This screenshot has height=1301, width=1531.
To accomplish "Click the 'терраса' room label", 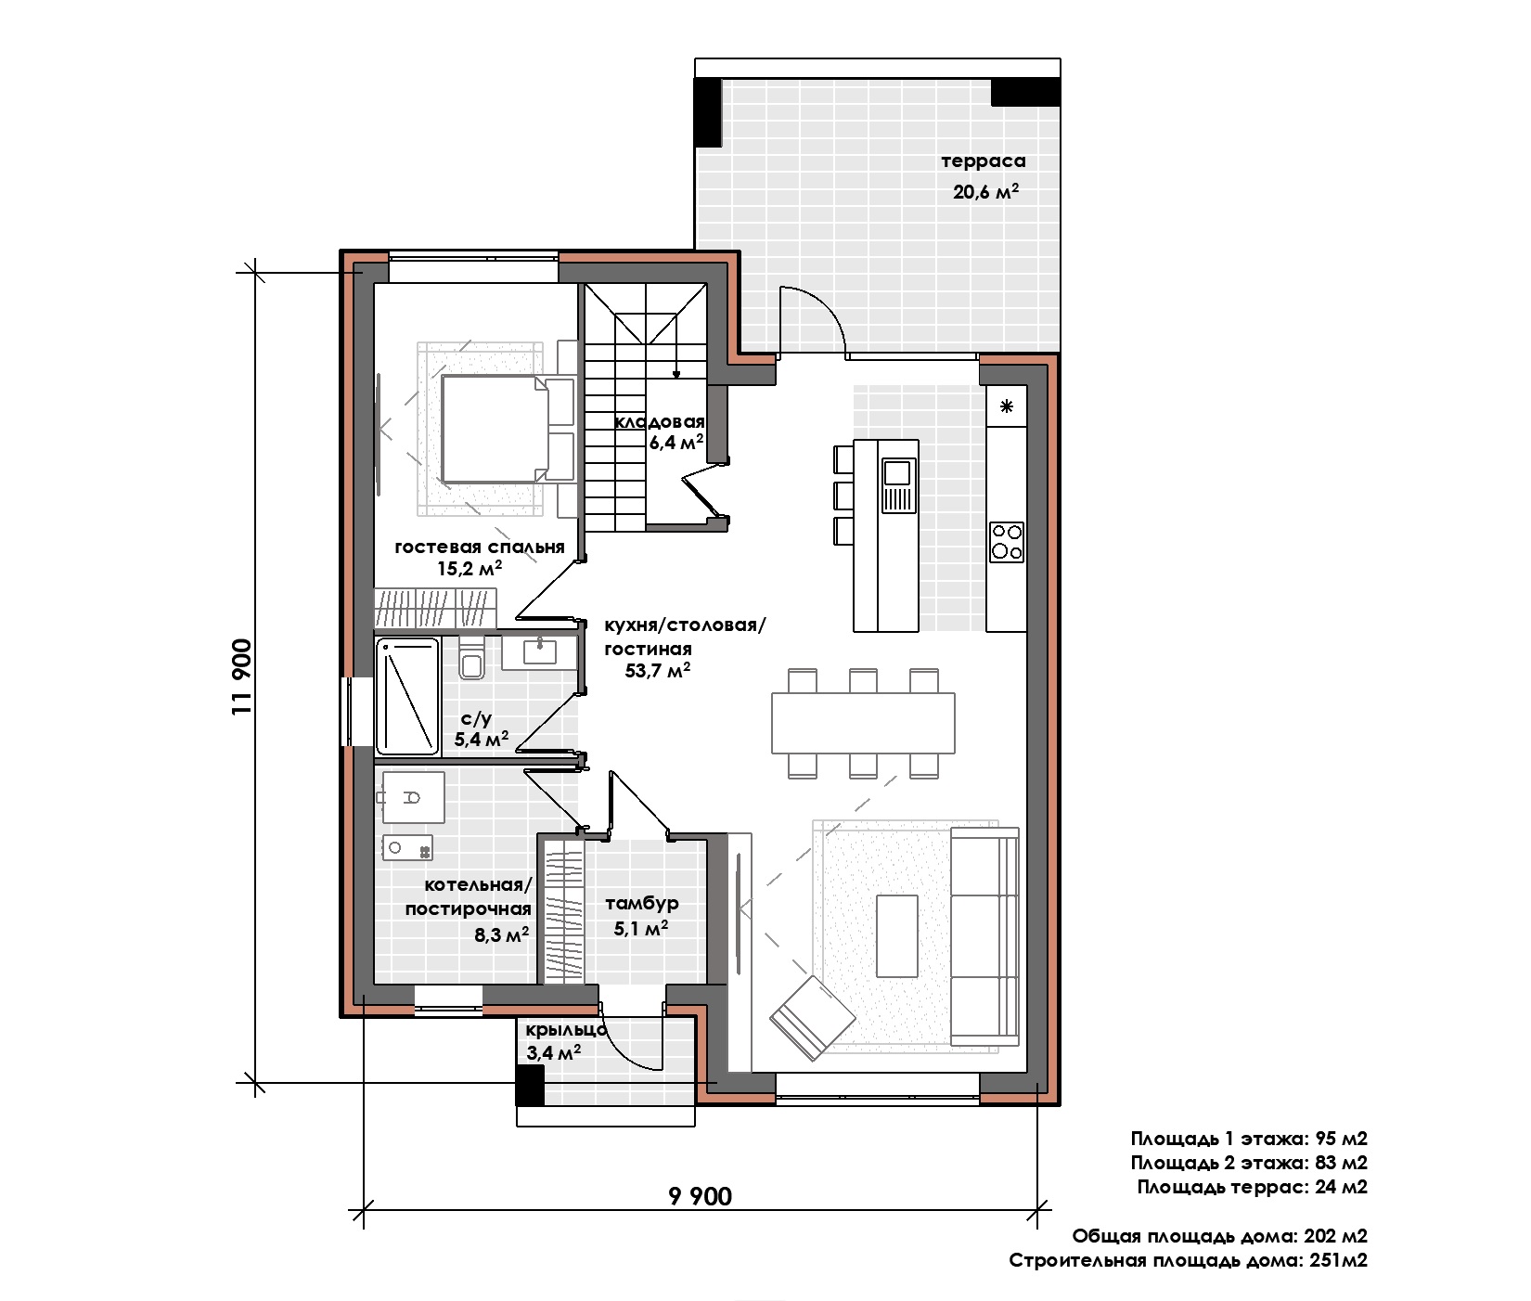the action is [984, 161].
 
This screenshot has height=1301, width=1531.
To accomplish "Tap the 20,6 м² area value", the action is [985, 192].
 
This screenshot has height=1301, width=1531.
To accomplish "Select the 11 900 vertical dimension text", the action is [243, 676].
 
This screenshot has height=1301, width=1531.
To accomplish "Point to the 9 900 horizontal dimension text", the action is [701, 1196].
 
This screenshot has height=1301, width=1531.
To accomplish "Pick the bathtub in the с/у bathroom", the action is [407, 695].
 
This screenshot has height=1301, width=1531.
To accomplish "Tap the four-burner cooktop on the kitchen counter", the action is [1007, 541].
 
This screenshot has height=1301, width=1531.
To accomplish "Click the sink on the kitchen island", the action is [897, 486].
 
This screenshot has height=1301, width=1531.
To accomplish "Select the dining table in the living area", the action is [863, 723].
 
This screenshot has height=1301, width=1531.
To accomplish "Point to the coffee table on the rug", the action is [897, 934].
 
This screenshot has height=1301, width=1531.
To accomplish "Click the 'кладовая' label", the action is [660, 422].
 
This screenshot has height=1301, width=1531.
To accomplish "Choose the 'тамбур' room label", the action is [642, 903].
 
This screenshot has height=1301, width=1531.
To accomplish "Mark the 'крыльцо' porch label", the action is [566, 1030].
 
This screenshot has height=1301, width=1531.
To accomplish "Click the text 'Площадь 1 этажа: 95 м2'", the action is [1249, 1139].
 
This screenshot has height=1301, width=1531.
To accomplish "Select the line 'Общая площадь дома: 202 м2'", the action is [1220, 1236].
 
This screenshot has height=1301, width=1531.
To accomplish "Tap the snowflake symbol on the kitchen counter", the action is [1007, 406].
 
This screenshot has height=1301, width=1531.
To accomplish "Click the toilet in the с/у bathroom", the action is [471, 659].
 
